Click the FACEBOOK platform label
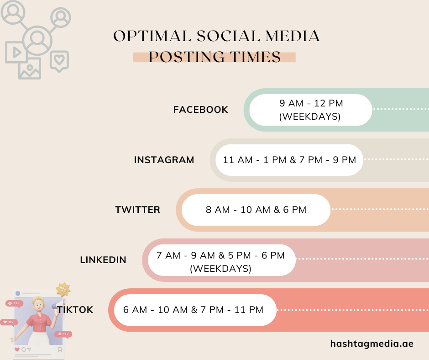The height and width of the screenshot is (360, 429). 200,110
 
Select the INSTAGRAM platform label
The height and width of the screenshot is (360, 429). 164,160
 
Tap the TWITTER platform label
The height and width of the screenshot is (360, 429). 137,210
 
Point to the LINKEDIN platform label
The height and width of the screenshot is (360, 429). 103,260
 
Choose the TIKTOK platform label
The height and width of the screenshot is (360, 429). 75,310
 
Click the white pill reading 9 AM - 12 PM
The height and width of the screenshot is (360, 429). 310,110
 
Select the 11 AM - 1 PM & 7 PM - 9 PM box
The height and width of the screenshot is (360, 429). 289,160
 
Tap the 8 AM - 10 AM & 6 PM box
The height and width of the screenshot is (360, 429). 256,210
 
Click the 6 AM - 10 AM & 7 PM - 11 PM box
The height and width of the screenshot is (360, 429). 193,310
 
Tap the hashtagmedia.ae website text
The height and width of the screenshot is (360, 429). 372,344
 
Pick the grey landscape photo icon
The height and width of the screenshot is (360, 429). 30,68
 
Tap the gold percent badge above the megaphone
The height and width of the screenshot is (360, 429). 63,289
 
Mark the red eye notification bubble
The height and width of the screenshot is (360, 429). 14,303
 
